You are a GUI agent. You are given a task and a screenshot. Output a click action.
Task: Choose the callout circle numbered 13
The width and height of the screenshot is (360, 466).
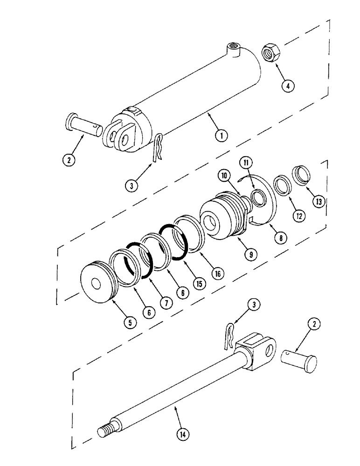coord(318,202)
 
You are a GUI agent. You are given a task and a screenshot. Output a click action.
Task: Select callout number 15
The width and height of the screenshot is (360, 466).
coord(201,283)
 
